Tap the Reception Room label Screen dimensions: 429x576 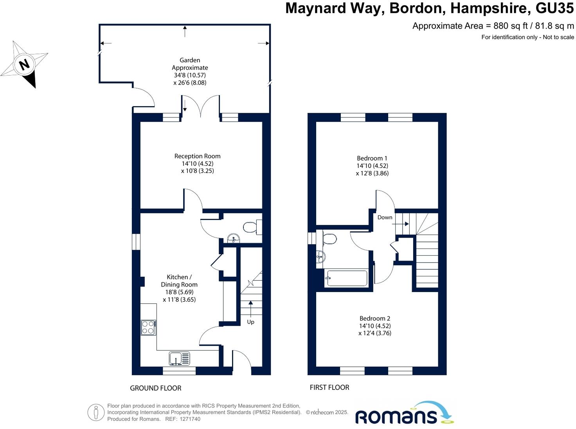pos(197,156)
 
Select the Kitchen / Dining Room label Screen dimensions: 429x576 pos(179,281)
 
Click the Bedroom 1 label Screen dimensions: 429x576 pos(372,158)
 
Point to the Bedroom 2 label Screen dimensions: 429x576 pos(374,318)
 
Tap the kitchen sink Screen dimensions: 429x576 pos(180,358)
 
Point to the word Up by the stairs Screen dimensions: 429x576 pos(250,322)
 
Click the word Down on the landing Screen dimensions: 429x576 pos(385,217)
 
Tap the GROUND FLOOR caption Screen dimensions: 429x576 pos(155,388)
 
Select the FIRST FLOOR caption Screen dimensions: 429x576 pos(329,387)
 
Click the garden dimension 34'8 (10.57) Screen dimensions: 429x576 pos(190,75)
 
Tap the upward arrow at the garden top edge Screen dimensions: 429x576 pos(185,31)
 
